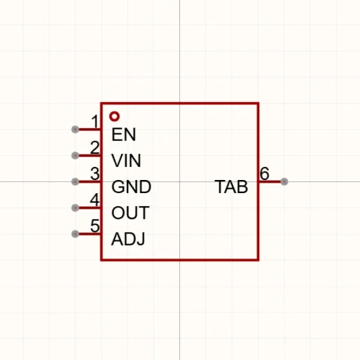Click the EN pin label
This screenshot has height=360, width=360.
click(x=124, y=134)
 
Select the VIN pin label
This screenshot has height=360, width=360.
click(x=126, y=160)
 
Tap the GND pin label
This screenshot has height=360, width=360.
click(x=132, y=187)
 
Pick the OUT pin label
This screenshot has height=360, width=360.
click(x=130, y=213)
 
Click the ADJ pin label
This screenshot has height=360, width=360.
click(x=128, y=239)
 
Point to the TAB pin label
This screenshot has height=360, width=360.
click(x=231, y=187)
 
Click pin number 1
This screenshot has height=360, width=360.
click(x=95, y=122)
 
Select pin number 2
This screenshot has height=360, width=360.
click(x=95, y=147)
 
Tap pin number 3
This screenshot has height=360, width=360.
click(x=95, y=173)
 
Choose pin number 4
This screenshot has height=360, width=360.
click(x=95, y=200)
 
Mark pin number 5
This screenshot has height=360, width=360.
click(x=95, y=226)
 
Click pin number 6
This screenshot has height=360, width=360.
click(x=264, y=173)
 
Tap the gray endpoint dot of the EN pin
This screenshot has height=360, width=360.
click(x=75, y=130)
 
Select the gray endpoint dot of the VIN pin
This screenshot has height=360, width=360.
click(x=75, y=156)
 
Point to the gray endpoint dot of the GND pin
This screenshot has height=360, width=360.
click(x=75, y=182)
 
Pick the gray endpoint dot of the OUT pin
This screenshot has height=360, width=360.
click(x=75, y=208)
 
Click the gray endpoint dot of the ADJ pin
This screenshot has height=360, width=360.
click(x=75, y=234)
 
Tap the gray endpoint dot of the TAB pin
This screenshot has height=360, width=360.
click(x=284, y=181)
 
